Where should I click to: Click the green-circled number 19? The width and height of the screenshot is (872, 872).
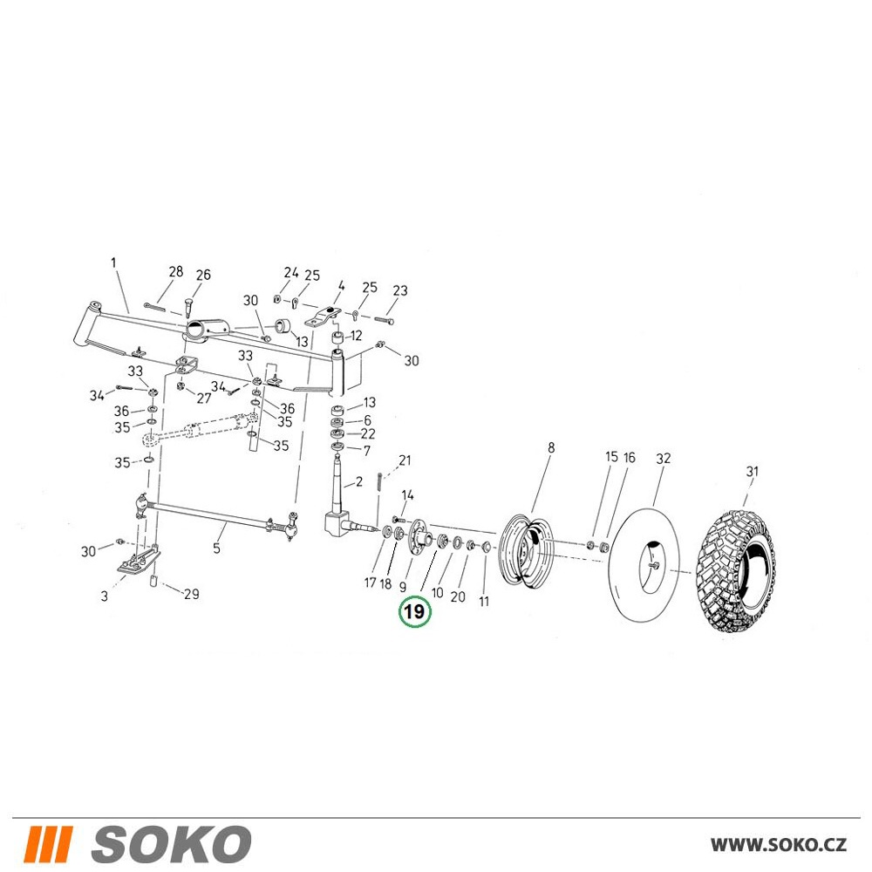tap(414, 612)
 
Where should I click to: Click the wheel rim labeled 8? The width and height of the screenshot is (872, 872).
tap(525, 548)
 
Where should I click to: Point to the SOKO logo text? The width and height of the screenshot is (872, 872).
tap(171, 843)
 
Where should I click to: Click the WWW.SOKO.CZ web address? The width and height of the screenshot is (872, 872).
tap(779, 844)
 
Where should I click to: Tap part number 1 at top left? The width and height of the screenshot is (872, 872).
tap(114, 262)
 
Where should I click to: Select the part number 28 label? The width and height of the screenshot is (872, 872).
tap(176, 271)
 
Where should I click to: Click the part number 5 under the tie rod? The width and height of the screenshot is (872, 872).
tap(217, 548)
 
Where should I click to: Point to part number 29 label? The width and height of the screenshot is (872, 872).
tap(191, 594)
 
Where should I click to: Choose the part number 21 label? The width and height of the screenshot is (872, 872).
tap(405, 460)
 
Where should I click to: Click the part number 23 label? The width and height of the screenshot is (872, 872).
tap(400, 290)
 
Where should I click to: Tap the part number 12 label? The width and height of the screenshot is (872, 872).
tap(356, 336)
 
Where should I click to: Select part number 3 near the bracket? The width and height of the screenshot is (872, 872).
tap(105, 596)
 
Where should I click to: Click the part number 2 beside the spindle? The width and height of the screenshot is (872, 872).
tap(358, 481)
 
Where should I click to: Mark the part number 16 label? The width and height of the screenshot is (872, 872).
tap(629, 458)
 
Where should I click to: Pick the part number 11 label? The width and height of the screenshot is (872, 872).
tap(484, 601)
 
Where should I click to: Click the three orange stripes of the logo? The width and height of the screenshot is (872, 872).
tap(49, 843)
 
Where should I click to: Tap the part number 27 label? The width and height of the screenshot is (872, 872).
tap(204, 399)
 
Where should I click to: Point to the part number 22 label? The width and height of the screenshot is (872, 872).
tap(368, 433)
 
